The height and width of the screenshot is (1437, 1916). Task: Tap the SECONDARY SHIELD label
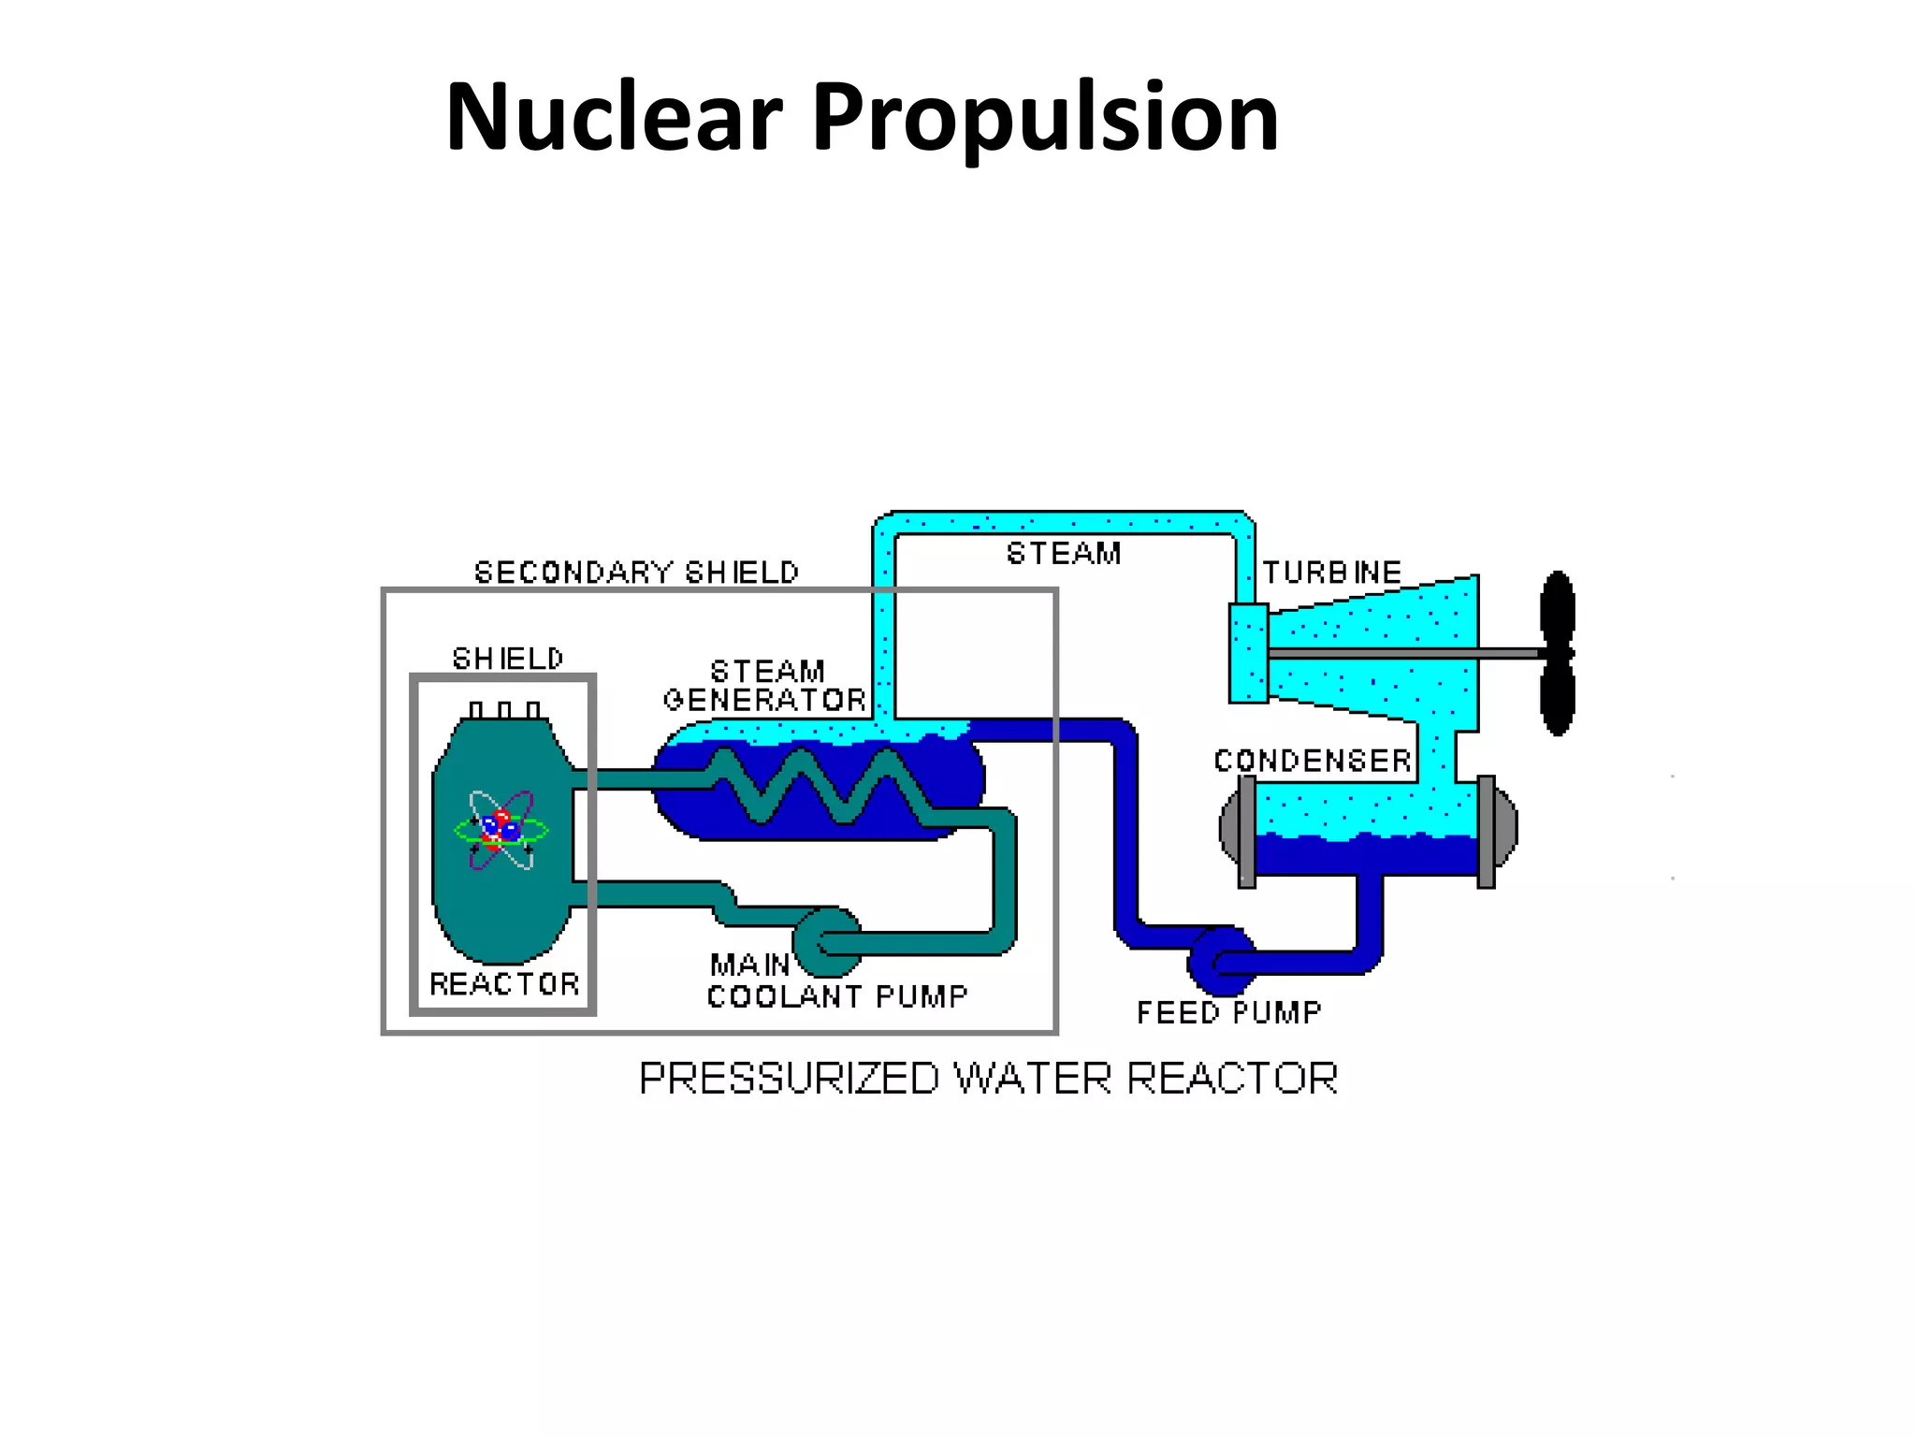(636, 572)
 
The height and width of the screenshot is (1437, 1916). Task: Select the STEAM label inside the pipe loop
(1064, 553)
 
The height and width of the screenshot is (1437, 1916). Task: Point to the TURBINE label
(1332, 572)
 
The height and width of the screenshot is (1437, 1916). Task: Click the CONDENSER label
(1312, 761)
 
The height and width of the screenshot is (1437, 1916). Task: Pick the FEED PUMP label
(1229, 1011)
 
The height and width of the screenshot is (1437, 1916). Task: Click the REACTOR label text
(504, 983)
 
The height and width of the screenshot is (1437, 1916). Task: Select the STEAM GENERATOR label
(765, 686)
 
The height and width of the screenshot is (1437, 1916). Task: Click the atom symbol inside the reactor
(502, 829)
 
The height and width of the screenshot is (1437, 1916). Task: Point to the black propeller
(1557, 653)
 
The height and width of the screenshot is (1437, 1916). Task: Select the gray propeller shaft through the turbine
(1403, 653)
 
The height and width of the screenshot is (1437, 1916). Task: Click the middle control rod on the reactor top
(504, 710)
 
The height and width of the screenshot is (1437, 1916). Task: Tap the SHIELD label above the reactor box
(507, 659)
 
